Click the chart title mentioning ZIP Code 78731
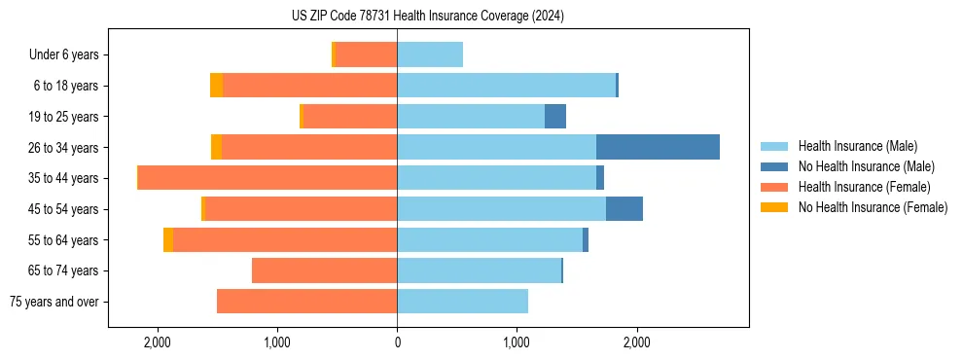coord(427,17)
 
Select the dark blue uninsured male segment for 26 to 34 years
coord(658,147)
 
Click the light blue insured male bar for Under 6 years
coord(430,54)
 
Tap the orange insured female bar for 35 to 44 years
coord(267,178)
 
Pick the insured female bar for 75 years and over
coord(306,302)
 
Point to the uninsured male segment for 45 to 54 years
coord(624,208)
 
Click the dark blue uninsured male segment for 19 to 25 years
coord(554,117)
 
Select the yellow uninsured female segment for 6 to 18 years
coord(216,86)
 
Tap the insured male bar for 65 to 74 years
coord(479,270)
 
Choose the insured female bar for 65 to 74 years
coord(324,270)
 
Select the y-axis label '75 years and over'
coord(54,302)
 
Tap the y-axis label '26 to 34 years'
coord(65,148)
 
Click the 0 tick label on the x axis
coord(397,342)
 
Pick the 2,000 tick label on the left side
coord(157,342)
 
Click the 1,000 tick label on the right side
coord(517,342)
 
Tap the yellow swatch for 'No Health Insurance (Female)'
coord(774,207)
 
